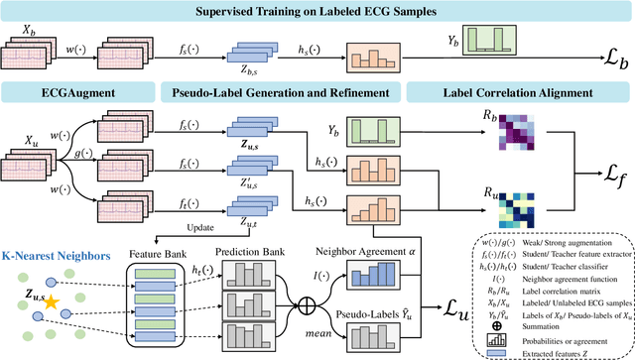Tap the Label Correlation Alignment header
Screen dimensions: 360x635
pyautogui.click(x=518, y=93)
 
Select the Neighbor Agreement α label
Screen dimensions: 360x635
pyautogui.click(x=372, y=257)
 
